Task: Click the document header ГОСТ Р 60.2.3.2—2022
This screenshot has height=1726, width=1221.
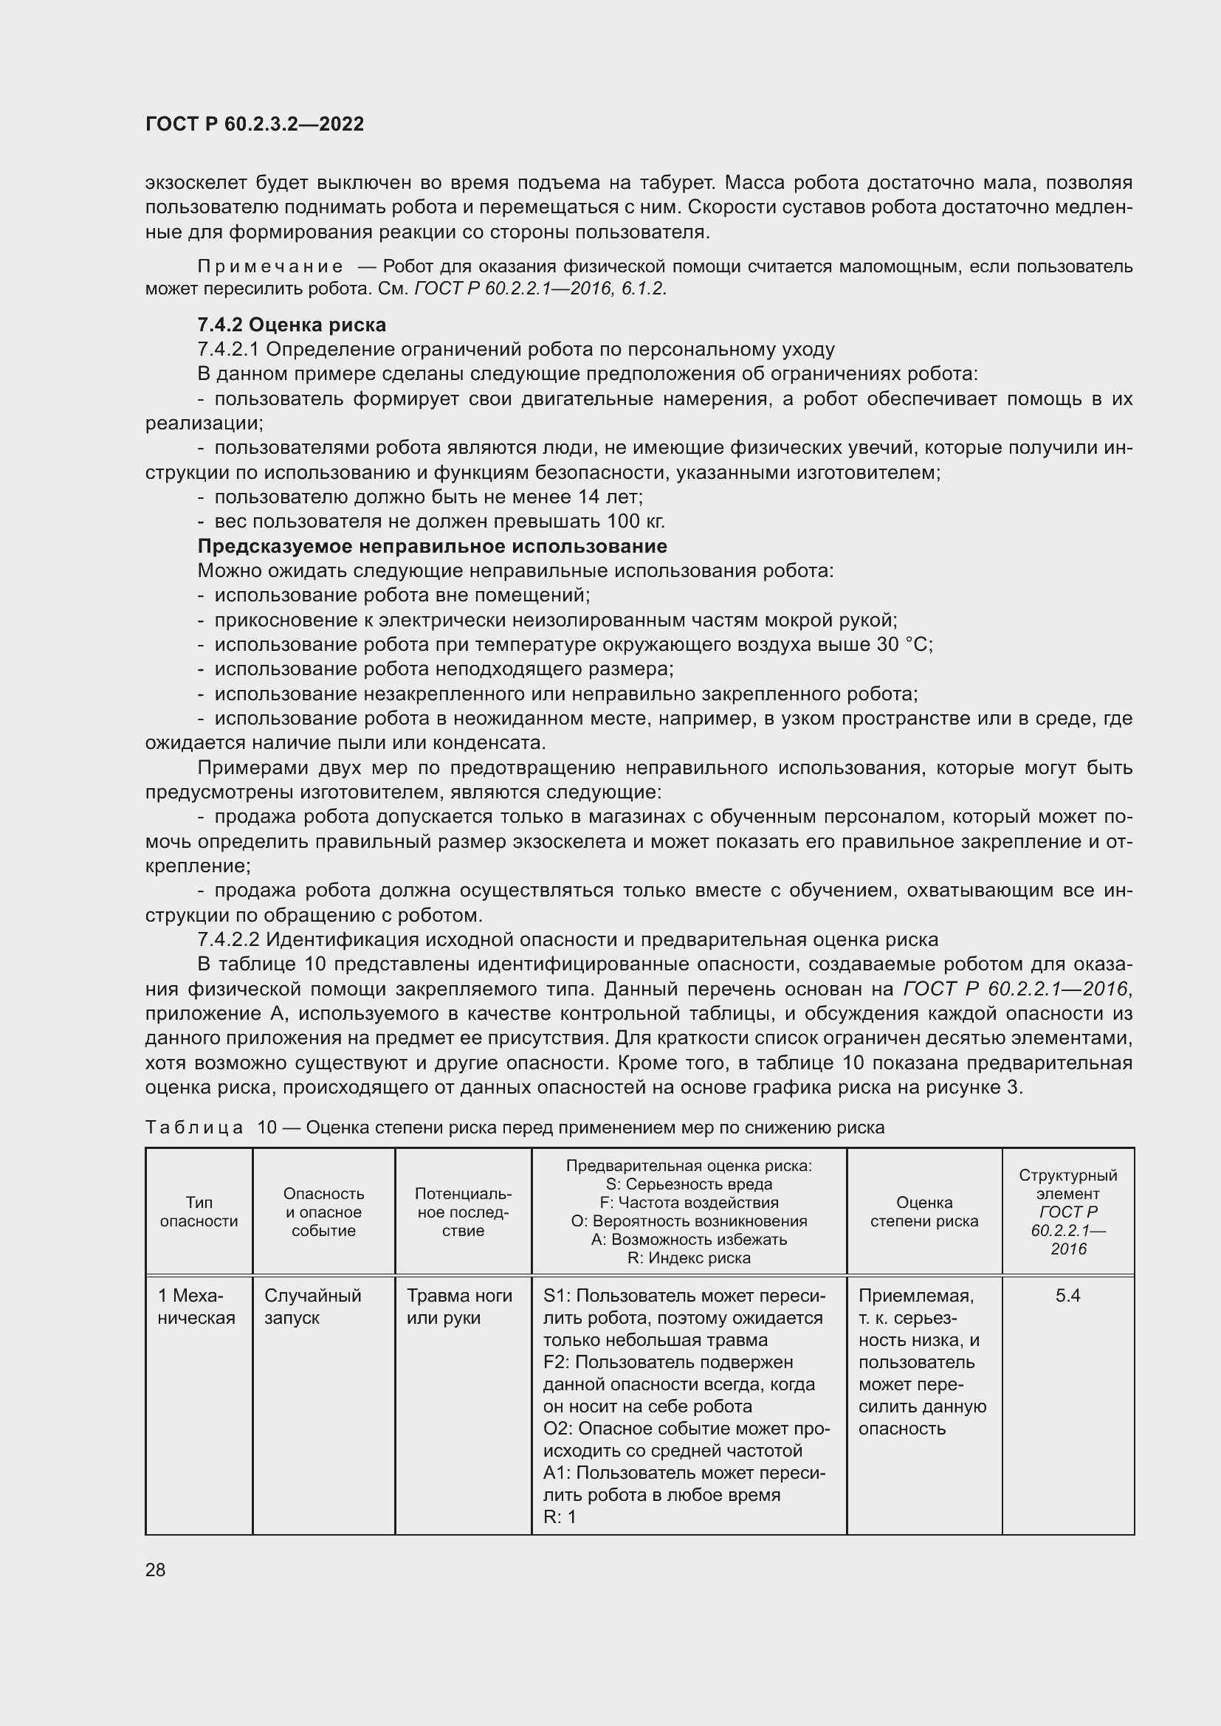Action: click(254, 124)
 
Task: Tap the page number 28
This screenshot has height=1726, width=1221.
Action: click(156, 1570)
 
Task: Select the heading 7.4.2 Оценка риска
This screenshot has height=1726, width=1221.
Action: click(292, 325)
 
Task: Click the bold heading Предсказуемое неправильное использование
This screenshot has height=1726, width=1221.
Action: click(433, 546)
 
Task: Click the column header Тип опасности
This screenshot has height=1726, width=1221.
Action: click(199, 1212)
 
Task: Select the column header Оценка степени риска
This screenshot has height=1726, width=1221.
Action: click(924, 1212)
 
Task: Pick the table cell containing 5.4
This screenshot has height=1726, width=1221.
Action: click(1067, 1295)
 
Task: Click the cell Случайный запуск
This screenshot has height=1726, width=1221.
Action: click(313, 1307)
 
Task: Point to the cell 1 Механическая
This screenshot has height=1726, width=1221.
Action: click(196, 1307)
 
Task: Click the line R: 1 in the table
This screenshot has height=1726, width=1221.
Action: click(560, 1517)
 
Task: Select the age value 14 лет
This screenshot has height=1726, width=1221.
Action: click(610, 497)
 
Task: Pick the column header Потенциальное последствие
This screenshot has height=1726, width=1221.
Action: click(463, 1212)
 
